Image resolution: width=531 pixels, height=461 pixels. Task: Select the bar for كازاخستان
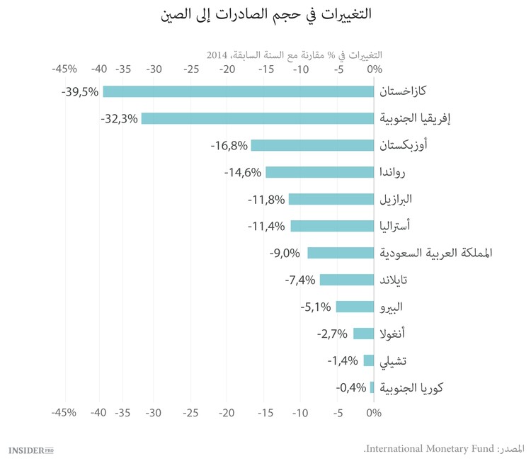(239, 91)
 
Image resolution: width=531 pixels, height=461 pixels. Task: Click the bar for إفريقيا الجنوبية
(258, 118)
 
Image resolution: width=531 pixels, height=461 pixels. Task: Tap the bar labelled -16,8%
(312, 145)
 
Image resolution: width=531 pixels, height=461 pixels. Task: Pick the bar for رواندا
(319, 172)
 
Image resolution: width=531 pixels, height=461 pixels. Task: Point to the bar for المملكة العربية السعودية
(341, 253)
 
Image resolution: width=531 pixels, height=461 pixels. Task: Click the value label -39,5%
(80, 91)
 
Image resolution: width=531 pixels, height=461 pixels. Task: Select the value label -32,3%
(118, 118)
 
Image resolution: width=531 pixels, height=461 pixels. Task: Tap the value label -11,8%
(266, 199)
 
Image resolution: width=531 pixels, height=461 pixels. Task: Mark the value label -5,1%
(315, 307)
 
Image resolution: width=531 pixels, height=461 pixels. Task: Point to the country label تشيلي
(394, 360)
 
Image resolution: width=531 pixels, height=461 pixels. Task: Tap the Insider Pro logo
(31, 449)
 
